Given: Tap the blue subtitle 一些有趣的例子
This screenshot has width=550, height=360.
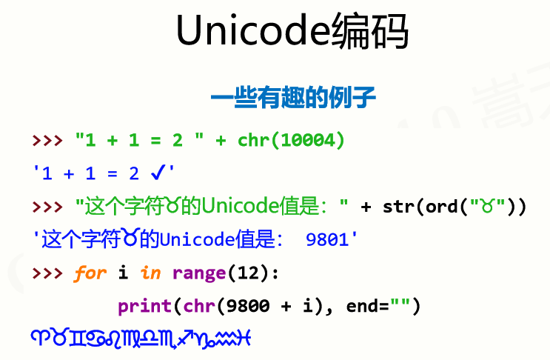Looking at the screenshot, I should pyautogui.click(x=293, y=98).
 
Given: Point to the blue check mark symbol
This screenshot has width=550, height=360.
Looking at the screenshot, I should pyautogui.click(x=157, y=173).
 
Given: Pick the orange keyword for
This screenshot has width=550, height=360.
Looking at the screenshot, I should pyautogui.click(x=90, y=273).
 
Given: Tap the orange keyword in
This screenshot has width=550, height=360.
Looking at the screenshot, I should pyautogui.click(x=150, y=273).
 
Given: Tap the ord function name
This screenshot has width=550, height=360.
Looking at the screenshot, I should pyautogui.click(x=441, y=207).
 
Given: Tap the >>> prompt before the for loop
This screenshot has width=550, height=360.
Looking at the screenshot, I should pyautogui.click(x=47, y=273).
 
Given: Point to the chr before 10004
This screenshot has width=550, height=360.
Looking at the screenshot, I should pyautogui.click(x=253, y=140).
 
